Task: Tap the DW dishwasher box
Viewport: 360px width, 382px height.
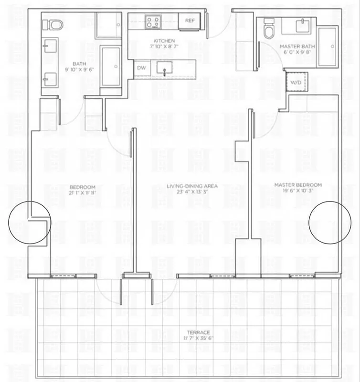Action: [142, 68]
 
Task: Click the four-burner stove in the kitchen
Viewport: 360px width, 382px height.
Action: [153, 21]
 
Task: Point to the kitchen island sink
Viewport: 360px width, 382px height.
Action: [165, 71]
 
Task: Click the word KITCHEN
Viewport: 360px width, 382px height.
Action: [164, 41]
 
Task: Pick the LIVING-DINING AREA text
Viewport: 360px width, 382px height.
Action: [192, 186]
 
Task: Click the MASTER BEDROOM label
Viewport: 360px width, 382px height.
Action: [297, 185]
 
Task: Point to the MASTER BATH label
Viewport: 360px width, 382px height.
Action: [297, 46]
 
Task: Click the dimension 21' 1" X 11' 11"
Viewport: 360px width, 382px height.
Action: [83, 193]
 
